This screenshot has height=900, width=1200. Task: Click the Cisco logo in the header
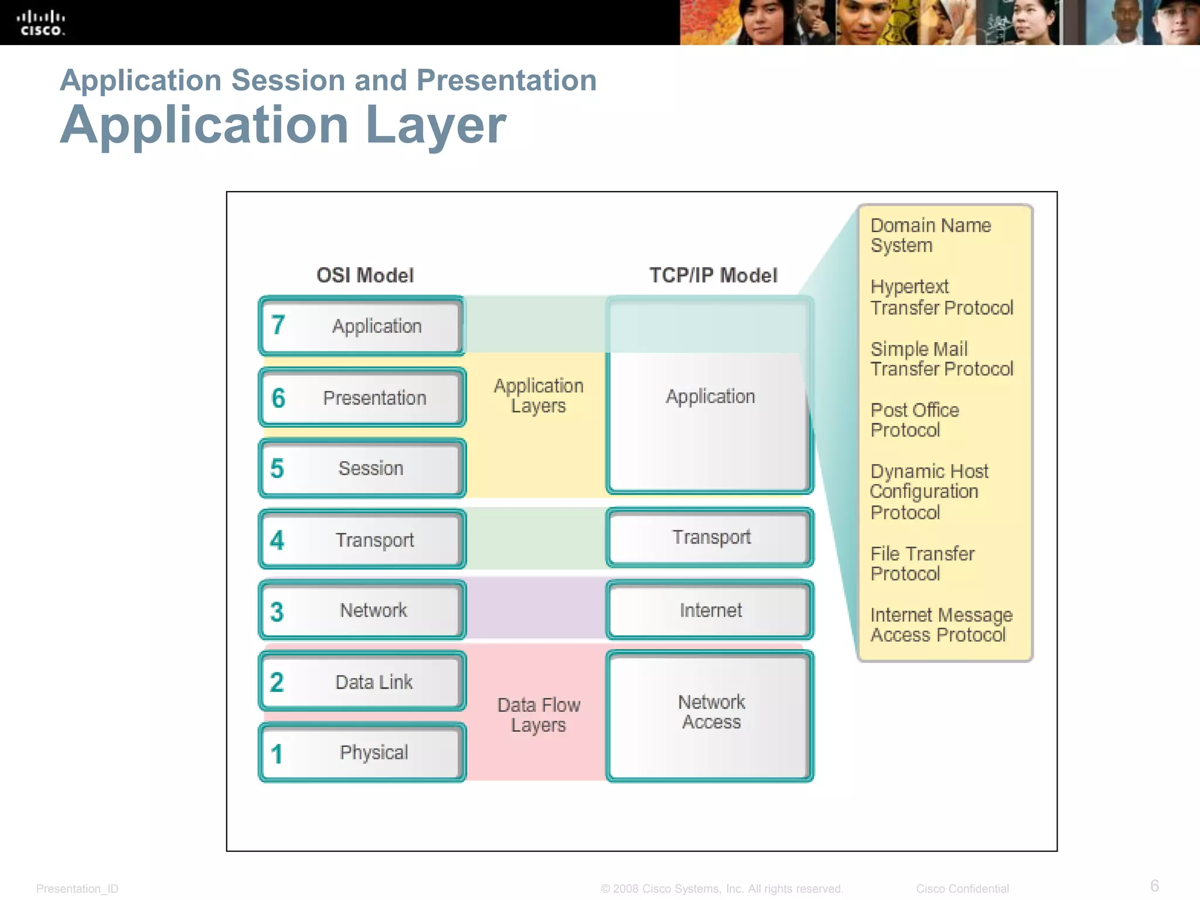40,23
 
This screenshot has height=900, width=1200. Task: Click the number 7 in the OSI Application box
278,325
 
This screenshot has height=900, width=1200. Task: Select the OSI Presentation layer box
362,398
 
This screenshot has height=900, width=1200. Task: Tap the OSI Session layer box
362,469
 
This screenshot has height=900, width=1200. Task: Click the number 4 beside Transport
277,540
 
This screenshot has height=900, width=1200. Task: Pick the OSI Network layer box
362,611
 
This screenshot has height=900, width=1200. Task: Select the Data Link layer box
362,682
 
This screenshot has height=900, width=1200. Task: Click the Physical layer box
362,753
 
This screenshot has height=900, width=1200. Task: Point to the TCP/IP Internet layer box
710,611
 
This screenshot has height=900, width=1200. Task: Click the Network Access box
710,716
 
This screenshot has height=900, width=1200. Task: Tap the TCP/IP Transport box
710,537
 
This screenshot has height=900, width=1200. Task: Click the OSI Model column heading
365,275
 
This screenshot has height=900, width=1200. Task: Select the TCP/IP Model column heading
713,275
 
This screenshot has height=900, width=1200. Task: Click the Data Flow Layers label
538,715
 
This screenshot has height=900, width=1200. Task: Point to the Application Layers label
538,396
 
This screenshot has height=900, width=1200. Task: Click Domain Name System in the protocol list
930,235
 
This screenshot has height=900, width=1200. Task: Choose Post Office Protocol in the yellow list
914,420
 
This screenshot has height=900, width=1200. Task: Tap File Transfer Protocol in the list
922,564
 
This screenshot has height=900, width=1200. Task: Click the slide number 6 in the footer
1154,885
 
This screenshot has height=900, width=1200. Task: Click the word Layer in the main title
435,125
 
